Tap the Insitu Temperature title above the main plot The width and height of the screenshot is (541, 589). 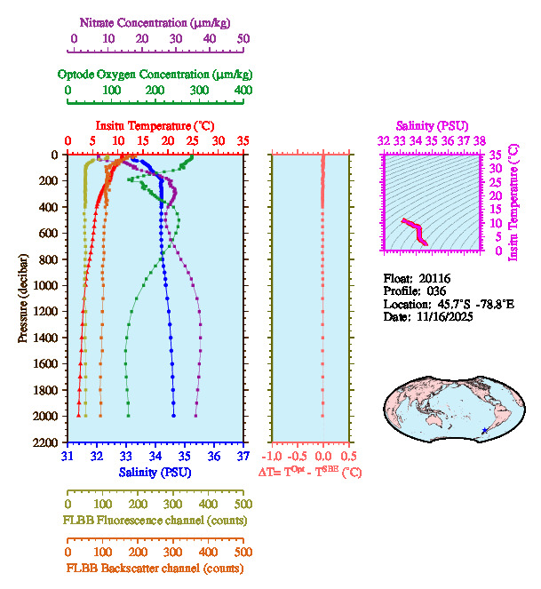click(x=155, y=126)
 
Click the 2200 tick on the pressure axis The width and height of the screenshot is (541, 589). click(x=48, y=442)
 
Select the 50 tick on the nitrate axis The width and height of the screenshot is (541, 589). click(x=243, y=38)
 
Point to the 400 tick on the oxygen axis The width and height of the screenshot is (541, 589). click(x=243, y=91)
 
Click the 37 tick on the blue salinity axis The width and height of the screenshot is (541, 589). click(x=243, y=457)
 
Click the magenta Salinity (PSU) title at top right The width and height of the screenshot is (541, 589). click(x=430, y=126)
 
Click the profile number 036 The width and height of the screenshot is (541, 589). click(x=435, y=291)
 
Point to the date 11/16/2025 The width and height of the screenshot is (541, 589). click(x=442, y=316)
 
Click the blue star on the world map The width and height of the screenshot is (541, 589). click(x=484, y=431)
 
